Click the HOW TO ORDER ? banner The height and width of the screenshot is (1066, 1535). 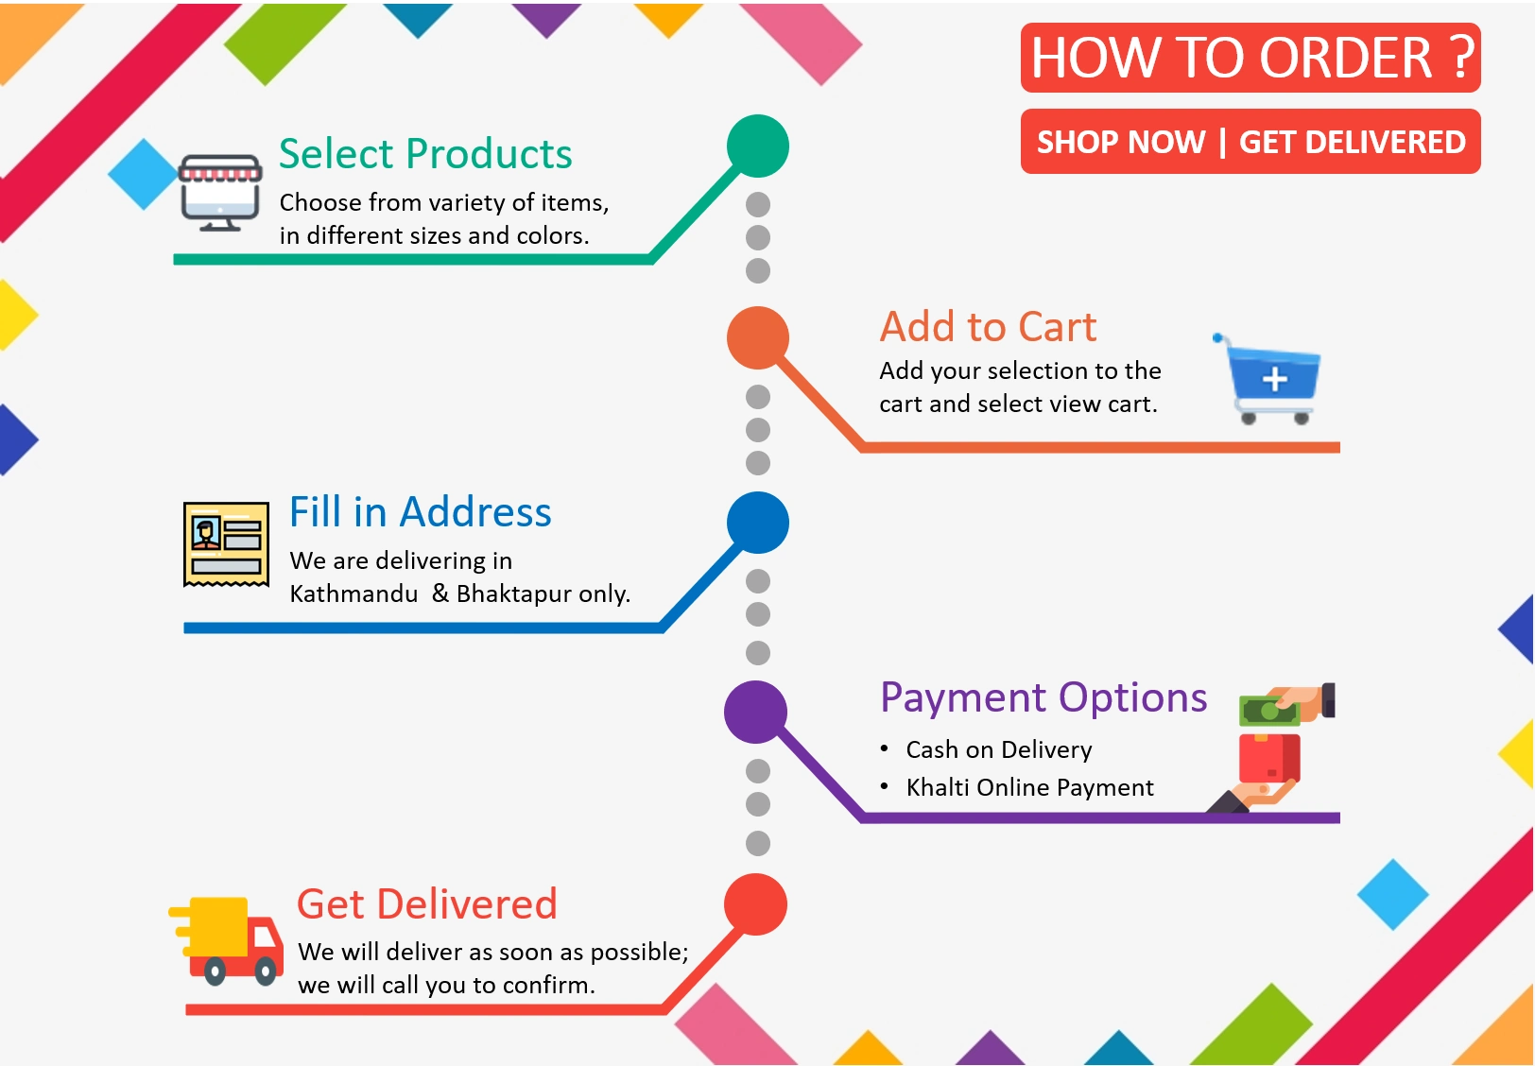1250,58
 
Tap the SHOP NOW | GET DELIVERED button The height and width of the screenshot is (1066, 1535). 1250,141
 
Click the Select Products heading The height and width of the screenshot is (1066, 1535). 425,153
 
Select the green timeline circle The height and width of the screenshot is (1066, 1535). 758,146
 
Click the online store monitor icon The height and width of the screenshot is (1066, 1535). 220,193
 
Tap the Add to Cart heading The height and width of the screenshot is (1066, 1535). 988,326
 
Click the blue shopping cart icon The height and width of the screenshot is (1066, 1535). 1268,379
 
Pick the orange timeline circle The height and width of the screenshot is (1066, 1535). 758,337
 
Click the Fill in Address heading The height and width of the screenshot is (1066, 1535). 420,512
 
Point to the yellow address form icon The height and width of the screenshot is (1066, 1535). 226,544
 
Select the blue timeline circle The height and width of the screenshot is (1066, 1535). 758,523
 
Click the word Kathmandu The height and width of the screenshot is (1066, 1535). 354,593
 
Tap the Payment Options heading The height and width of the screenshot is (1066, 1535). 1043,698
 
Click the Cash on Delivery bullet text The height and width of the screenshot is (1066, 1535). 999,749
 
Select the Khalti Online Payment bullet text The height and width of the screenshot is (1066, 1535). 1030,787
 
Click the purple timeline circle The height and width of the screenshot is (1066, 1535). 756,713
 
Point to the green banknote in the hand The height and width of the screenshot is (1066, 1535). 1269,711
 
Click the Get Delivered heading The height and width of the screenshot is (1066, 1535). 427,903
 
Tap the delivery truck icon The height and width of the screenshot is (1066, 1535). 226,941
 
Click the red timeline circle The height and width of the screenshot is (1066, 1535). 756,904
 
